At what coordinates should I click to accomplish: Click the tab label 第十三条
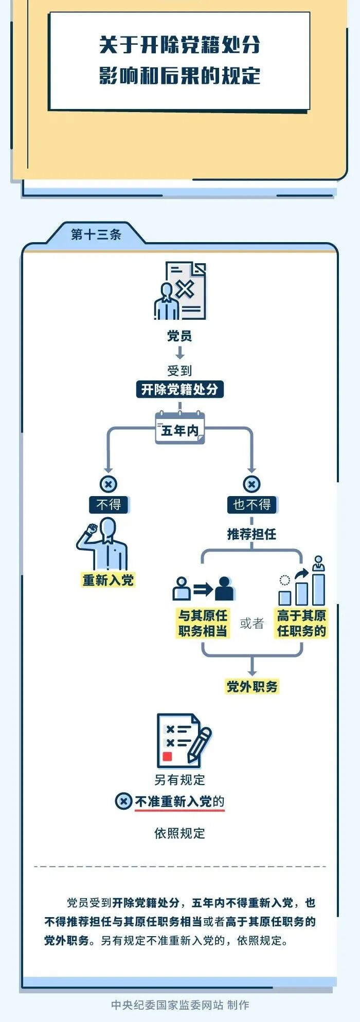point(96,235)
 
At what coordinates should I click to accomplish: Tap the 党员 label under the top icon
point(179,336)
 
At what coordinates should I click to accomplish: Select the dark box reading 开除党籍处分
point(179,389)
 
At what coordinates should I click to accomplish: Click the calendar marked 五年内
point(180,429)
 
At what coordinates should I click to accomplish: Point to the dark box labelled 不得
point(109,504)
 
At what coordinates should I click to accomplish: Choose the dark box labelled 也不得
point(251,504)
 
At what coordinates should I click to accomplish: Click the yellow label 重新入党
point(108,580)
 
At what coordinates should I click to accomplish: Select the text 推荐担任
point(251,534)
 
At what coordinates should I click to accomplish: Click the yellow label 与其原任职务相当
point(203,623)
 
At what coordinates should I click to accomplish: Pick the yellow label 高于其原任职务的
point(301,623)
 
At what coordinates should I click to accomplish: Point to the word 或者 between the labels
point(251,624)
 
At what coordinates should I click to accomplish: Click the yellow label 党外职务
point(252,686)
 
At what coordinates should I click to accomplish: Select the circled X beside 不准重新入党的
point(123,801)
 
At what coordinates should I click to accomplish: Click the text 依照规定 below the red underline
point(179,833)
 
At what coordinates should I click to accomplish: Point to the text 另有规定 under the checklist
point(179,780)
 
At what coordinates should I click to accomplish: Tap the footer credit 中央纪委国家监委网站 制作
point(180,1005)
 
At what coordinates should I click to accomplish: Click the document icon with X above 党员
point(181,290)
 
